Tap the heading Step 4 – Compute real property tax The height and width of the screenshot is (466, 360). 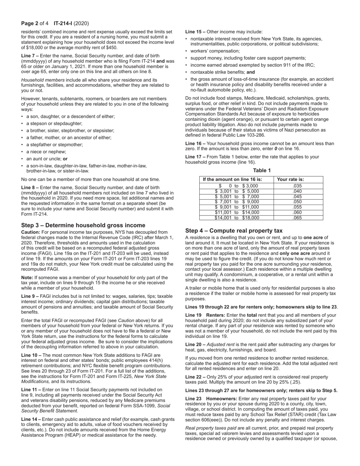[x=234, y=230]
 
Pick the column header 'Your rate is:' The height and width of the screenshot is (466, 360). [x=291, y=180]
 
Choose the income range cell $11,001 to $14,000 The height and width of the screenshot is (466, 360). [x=237, y=213]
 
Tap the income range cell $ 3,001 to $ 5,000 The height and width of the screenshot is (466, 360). [x=237, y=191]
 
